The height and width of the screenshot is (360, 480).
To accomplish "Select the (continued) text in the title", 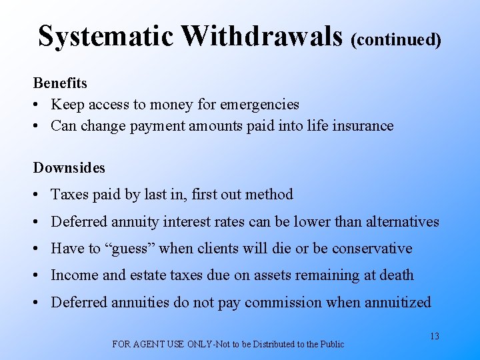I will pos(396,39).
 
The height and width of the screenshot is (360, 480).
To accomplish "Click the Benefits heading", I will pos(60,83).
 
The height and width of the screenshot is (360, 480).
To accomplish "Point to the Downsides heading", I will pos(69,167).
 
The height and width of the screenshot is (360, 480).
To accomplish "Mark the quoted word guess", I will pos(129,249).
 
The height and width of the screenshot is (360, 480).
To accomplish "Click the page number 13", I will pos(434,336).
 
